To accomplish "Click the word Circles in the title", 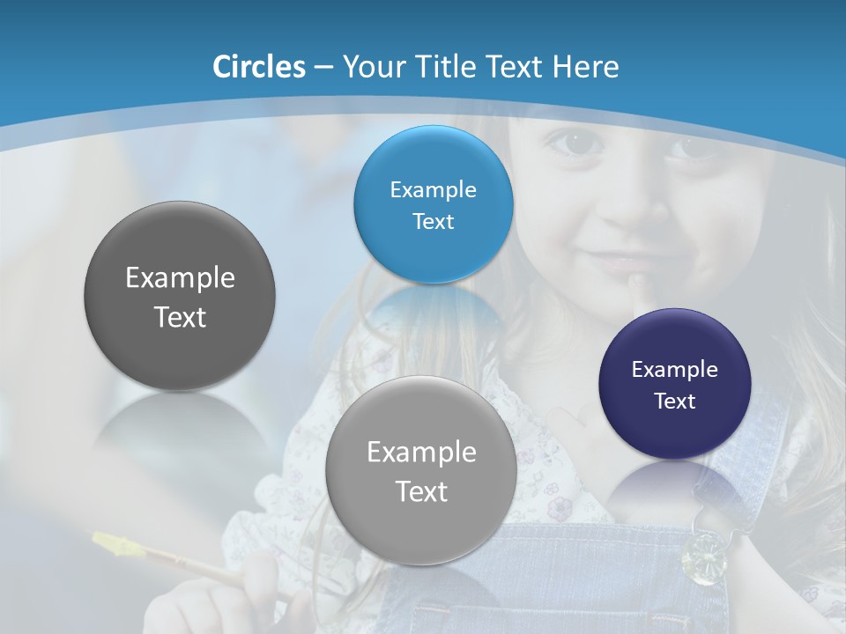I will click(258, 67).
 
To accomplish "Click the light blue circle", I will click(433, 204).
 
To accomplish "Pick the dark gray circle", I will click(180, 295).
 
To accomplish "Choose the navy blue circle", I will click(675, 383).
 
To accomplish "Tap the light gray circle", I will click(421, 470).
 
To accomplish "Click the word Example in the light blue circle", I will click(433, 189).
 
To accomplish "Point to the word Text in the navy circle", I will click(675, 402).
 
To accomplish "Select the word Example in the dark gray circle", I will click(180, 278).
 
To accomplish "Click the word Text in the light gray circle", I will click(421, 491).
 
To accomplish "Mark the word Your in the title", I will click(374, 67).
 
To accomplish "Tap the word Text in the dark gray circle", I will click(180, 317).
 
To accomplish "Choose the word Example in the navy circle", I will click(675, 369).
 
